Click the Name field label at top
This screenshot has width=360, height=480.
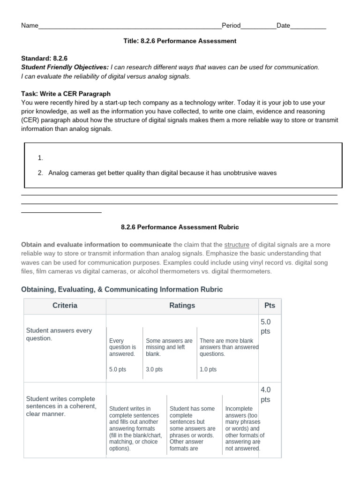click(30, 26)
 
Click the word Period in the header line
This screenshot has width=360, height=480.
click(231, 26)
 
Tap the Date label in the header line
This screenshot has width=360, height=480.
click(283, 26)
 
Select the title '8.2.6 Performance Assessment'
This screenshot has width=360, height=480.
click(180, 41)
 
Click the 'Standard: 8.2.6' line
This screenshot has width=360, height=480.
click(45, 59)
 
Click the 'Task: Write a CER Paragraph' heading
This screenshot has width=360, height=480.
click(66, 94)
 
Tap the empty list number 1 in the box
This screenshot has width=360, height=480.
click(40, 158)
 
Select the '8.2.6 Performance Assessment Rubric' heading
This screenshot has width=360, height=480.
click(180, 227)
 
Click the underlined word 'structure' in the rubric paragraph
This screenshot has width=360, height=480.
click(237, 245)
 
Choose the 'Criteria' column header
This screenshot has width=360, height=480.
click(65, 306)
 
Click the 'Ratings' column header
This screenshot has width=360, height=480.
click(182, 306)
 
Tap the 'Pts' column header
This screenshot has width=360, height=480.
click(270, 306)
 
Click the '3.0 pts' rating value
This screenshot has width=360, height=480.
click(154, 369)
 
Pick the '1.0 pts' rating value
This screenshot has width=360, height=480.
click(208, 369)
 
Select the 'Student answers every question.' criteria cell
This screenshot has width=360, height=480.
click(59, 334)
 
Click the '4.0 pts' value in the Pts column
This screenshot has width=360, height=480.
click(266, 395)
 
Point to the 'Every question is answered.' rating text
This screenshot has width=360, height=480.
click(122, 347)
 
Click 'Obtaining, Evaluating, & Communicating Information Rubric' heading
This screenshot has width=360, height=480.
click(122, 290)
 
